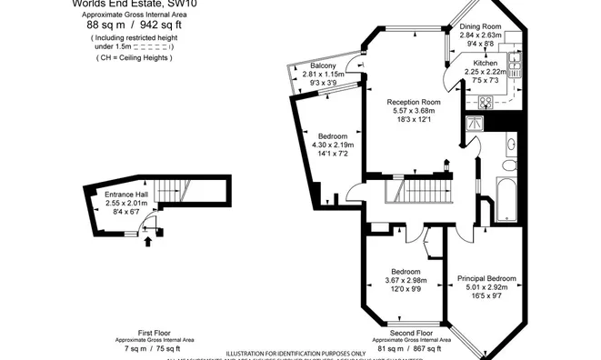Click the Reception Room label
[413, 102]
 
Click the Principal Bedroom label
[487, 278]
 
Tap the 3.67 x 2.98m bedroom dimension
[406, 281]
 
